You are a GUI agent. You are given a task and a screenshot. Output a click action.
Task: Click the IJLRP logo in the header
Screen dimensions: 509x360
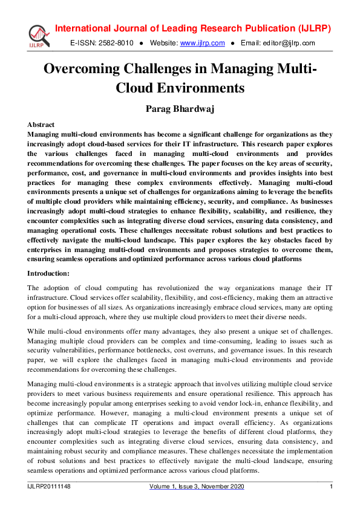[x=38, y=35]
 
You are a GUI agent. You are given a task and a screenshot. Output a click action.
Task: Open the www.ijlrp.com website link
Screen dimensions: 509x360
[x=203, y=43]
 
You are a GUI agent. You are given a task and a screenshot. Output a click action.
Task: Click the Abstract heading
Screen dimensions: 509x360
[x=41, y=125]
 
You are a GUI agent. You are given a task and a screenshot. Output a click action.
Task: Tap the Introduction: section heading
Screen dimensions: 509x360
[x=49, y=273]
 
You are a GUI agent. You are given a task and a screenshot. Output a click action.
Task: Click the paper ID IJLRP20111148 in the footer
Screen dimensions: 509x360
[x=49, y=487]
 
